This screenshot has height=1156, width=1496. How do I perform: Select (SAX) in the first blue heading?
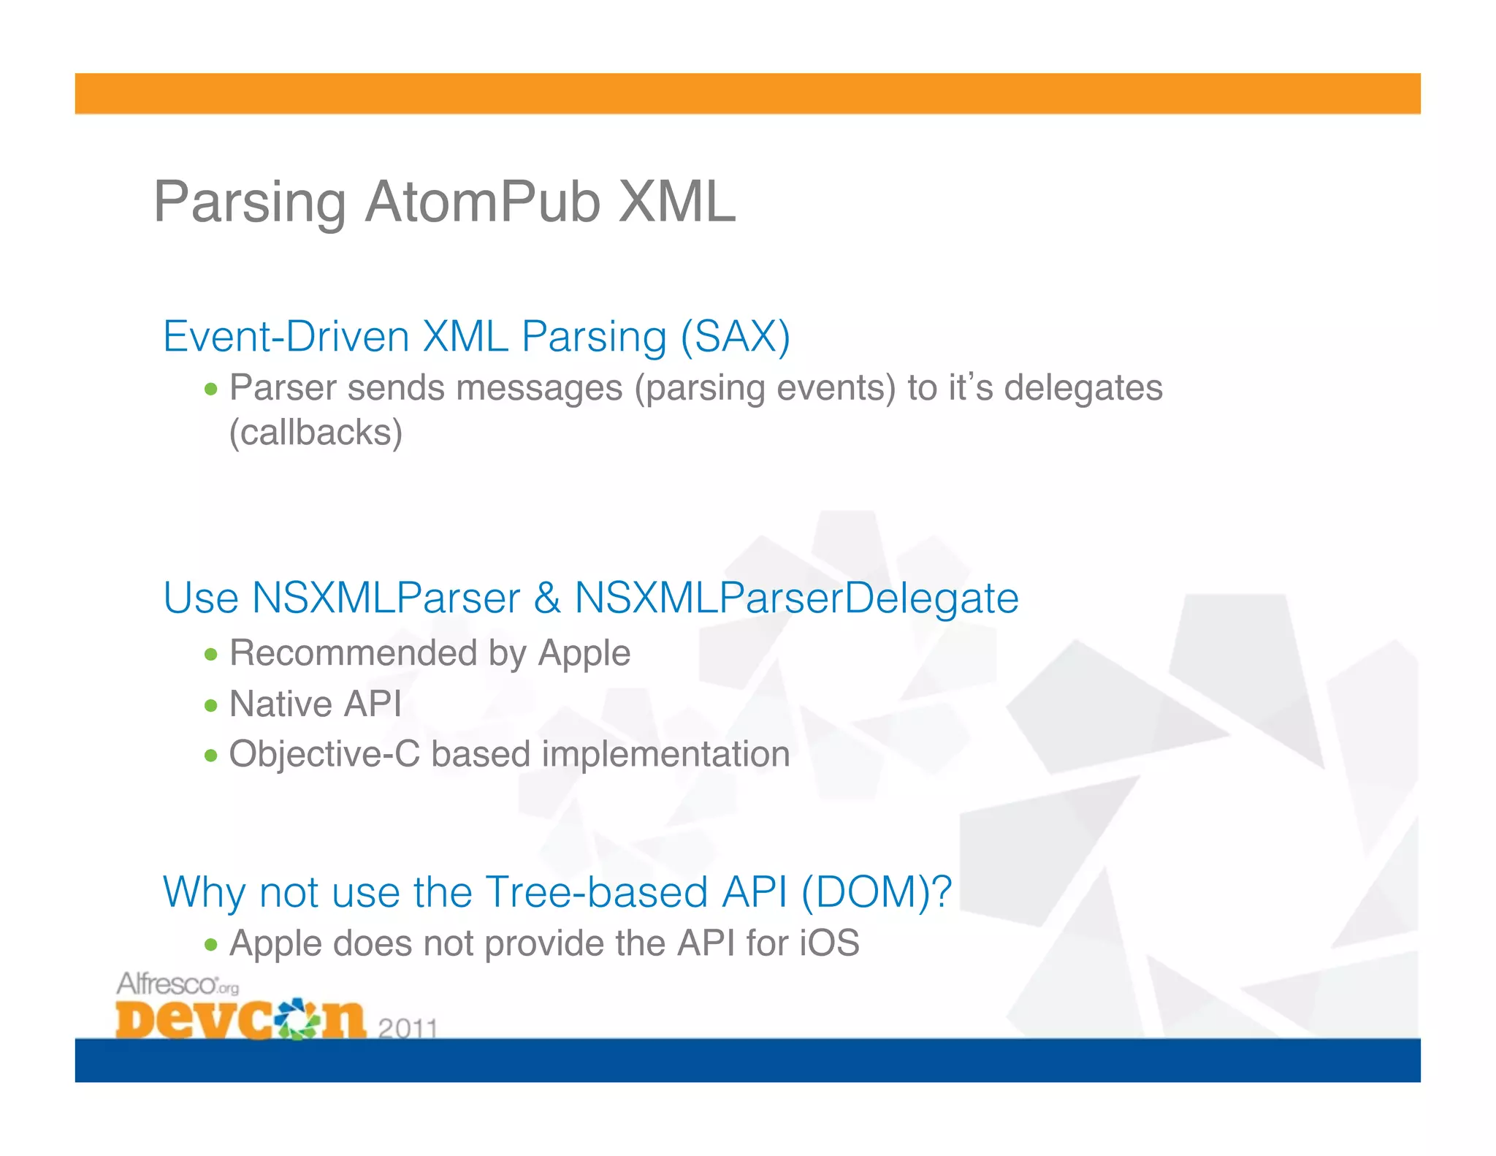click(735, 337)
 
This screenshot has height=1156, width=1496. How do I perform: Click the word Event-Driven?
click(286, 337)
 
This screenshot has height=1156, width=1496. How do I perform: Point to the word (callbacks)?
click(316, 432)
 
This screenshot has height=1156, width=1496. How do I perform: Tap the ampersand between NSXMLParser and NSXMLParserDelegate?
click(546, 598)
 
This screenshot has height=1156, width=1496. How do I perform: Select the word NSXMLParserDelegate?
click(796, 598)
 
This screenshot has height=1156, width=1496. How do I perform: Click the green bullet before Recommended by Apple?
click(211, 654)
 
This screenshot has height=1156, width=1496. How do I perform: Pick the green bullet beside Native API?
click(211, 705)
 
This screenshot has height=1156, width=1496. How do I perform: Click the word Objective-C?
click(324, 754)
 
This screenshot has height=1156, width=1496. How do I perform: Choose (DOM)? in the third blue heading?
click(876, 892)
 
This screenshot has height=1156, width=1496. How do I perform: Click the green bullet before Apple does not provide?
click(211, 945)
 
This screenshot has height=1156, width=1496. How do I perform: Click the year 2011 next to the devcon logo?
click(408, 1028)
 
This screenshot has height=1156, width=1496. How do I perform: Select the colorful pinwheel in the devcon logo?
click(297, 1017)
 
